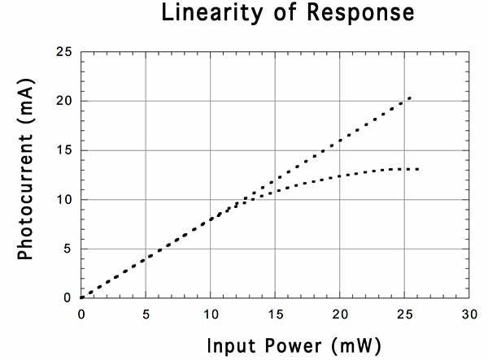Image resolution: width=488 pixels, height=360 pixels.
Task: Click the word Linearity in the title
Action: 205,13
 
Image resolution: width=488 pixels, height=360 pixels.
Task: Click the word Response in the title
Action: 345,13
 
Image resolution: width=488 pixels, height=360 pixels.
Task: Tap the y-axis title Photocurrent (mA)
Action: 26,175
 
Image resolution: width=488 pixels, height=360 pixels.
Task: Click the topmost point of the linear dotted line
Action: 410,98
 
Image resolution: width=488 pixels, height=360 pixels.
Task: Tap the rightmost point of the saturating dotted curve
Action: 417,169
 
